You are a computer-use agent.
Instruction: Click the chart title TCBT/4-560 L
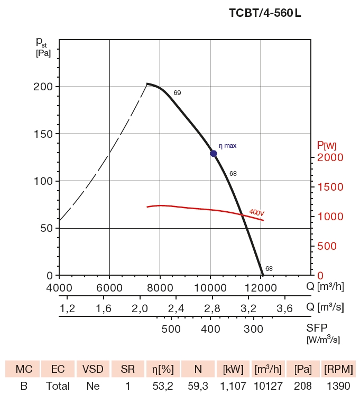pos(265,14)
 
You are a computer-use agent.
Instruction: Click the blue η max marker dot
pos(214,154)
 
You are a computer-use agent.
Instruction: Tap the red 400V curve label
pos(256,212)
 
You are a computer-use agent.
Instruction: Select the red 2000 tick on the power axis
pos(330,157)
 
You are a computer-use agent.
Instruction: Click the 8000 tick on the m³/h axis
pos(160,287)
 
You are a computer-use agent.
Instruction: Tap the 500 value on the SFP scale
pos(171,330)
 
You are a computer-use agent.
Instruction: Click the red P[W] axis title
pos(327,145)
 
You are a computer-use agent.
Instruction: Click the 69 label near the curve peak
pos(177,93)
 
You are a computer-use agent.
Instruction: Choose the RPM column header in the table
pos(339,368)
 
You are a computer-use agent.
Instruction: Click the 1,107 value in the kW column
pos(233,386)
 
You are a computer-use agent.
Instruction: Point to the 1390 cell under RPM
pos(339,386)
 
